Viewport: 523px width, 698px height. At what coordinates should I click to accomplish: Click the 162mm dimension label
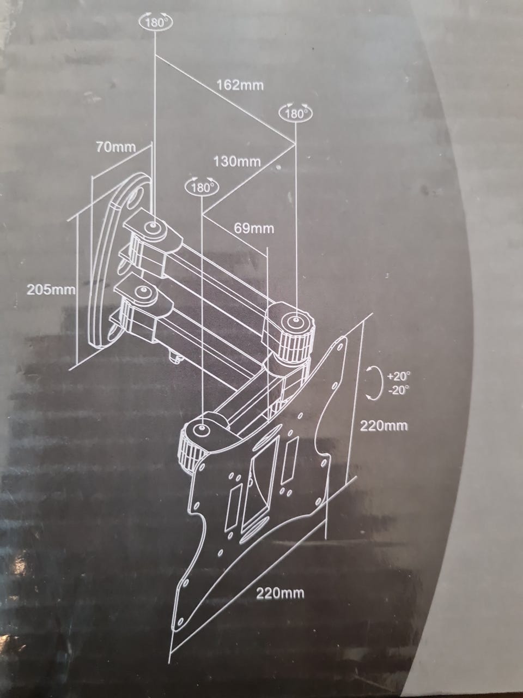point(240,85)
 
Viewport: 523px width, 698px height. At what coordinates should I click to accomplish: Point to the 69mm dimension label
point(254,228)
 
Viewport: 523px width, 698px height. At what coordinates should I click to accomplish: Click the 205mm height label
point(51,290)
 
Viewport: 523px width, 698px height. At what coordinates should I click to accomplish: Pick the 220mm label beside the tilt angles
point(384,425)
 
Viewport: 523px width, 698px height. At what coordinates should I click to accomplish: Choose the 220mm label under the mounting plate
point(280,593)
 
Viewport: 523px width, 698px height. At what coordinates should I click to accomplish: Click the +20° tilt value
point(398,376)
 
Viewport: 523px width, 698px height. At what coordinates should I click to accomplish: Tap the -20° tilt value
point(398,389)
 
